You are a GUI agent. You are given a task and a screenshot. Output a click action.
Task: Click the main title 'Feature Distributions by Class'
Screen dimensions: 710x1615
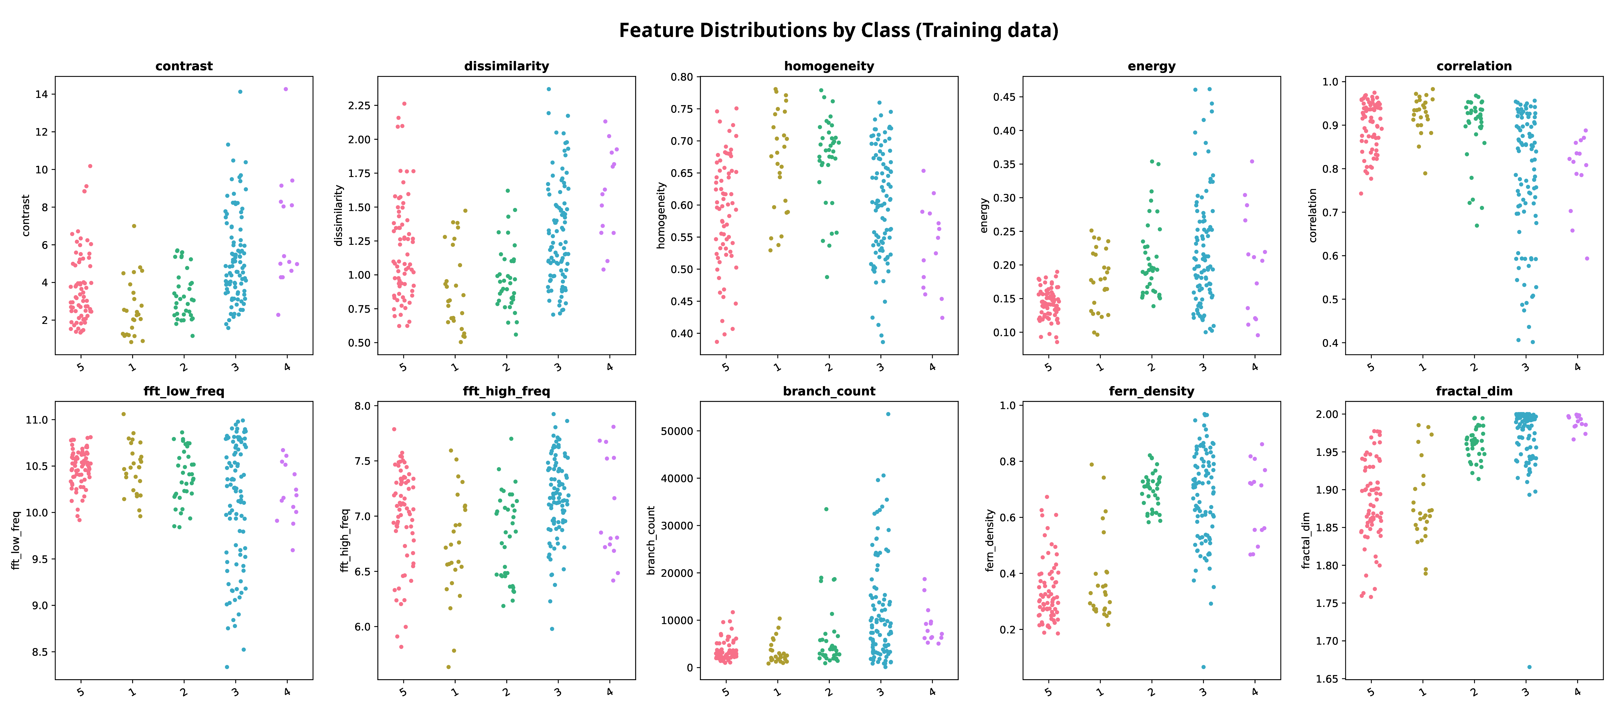(838, 30)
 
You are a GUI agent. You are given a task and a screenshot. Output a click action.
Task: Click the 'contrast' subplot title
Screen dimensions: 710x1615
(184, 66)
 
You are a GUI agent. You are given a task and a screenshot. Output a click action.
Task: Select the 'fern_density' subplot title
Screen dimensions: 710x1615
(1151, 391)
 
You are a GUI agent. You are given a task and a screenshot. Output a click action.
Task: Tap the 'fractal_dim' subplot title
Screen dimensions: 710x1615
(1474, 391)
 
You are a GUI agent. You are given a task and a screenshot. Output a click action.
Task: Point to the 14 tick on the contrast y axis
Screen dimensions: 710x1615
(41, 94)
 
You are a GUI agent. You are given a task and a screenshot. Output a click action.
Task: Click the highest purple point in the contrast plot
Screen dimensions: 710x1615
(286, 89)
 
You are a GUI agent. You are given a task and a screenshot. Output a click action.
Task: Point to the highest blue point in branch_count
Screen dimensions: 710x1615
(888, 414)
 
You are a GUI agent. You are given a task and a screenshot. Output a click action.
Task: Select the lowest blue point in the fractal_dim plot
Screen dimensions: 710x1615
(1529, 667)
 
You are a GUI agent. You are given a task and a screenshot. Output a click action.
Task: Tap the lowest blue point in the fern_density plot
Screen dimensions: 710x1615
(1203, 667)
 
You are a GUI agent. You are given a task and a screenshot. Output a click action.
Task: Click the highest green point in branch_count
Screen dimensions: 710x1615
(826, 509)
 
